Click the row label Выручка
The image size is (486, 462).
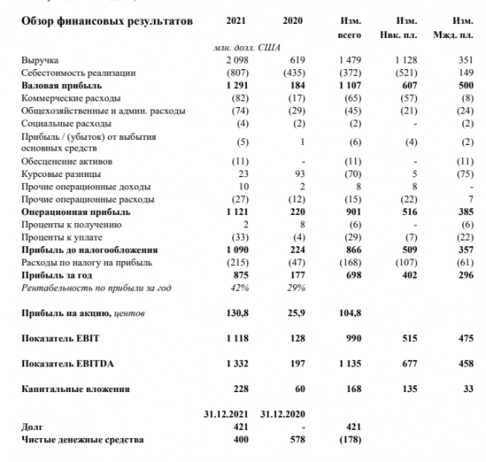[x=40, y=61]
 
